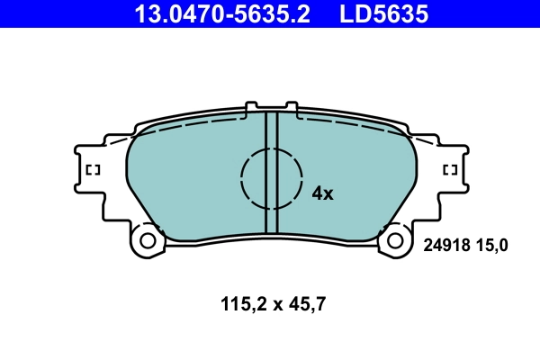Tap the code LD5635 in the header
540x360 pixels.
click(x=382, y=13)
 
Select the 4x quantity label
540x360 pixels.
click(x=322, y=193)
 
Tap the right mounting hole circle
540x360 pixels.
click(x=394, y=240)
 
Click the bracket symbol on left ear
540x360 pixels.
click(x=92, y=169)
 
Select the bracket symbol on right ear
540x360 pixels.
click(x=451, y=169)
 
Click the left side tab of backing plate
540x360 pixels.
click(x=90, y=171)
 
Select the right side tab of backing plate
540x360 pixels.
click(x=453, y=171)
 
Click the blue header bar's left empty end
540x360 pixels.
click(x=54, y=13)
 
